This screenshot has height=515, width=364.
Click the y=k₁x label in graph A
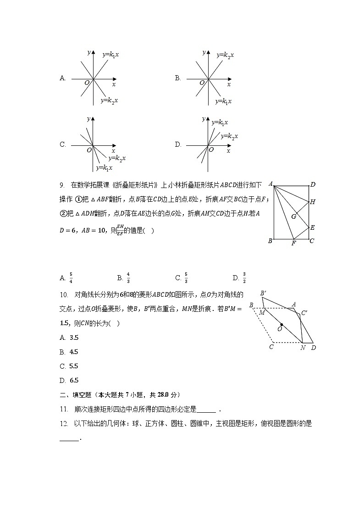click(111, 55)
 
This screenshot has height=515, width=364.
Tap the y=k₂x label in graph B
click(225, 55)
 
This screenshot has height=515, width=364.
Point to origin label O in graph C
click(89, 150)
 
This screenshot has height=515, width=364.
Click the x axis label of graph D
click(228, 151)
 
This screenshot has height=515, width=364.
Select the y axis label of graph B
click(204, 52)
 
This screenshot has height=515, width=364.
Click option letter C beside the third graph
click(63, 144)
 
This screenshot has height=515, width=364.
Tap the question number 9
click(62, 186)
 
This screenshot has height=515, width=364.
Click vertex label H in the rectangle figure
click(313, 202)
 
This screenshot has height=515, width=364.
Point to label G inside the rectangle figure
click(293, 216)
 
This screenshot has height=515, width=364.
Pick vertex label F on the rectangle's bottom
click(294, 244)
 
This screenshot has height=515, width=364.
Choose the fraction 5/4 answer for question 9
click(71, 277)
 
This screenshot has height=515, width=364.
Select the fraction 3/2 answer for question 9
click(244, 277)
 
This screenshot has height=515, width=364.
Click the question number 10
click(63, 294)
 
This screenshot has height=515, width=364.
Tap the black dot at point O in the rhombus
click(281, 325)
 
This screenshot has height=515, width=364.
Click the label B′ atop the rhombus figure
click(264, 293)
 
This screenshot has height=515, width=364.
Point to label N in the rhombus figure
click(303, 348)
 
